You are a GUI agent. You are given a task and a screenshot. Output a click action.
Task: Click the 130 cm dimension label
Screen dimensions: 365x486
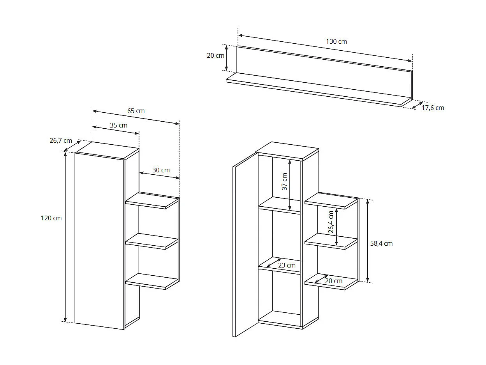tap(336, 41)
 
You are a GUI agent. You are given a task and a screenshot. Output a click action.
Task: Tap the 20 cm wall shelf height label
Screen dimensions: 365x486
tap(215, 55)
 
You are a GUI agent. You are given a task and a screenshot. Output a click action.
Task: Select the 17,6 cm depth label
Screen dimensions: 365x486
tap(433, 108)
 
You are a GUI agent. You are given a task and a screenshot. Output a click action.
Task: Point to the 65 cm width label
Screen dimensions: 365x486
tap(136, 111)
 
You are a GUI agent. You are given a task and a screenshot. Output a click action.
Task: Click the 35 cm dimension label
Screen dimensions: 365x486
tap(118, 125)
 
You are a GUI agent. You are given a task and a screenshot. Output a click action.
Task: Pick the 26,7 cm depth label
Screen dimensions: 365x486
tap(61, 140)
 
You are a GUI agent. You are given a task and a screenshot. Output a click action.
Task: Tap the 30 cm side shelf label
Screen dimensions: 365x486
tap(161, 170)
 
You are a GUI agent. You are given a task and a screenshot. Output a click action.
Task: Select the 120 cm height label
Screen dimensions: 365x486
tap(51, 218)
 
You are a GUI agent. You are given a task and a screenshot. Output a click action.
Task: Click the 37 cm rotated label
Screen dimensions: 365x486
tap(285, 181)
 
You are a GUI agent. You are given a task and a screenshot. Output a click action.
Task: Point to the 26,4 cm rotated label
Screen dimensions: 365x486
tap(331, 222)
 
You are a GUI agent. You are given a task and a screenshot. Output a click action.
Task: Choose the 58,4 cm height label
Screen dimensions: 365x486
tap(381, 243)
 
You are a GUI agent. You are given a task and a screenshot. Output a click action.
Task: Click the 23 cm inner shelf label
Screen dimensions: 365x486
tap(287, 265)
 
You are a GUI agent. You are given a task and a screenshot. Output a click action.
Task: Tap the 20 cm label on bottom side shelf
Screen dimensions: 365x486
tap(334, 281)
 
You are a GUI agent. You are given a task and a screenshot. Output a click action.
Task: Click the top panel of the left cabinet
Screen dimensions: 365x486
tap(107, 150)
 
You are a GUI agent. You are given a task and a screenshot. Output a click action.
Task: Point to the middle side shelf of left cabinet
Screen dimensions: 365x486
tap(152, 241)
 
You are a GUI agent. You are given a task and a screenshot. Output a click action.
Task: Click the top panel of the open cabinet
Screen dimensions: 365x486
tap(287, 151)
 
